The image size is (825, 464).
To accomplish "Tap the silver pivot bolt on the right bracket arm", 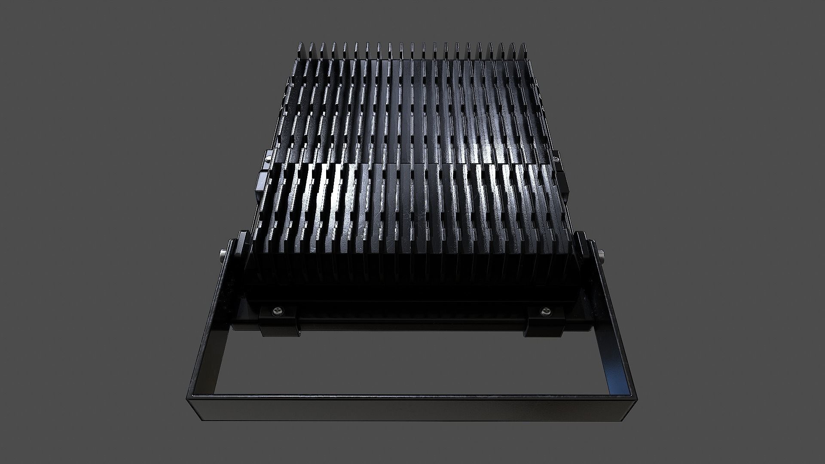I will tap(601, 258).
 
